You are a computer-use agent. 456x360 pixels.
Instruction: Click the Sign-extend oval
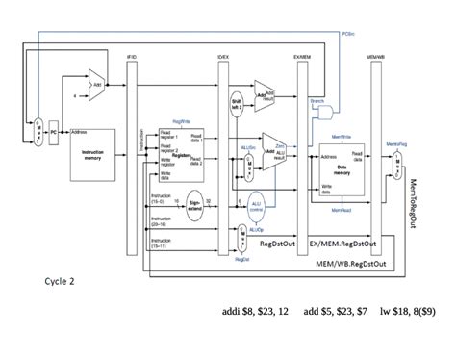(193, 204)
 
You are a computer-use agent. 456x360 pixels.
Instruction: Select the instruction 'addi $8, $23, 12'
(255, 313)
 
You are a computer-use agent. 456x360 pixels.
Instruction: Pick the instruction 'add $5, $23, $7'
(335, 313)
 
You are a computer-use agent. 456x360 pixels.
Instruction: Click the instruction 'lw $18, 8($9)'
(407, 313)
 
